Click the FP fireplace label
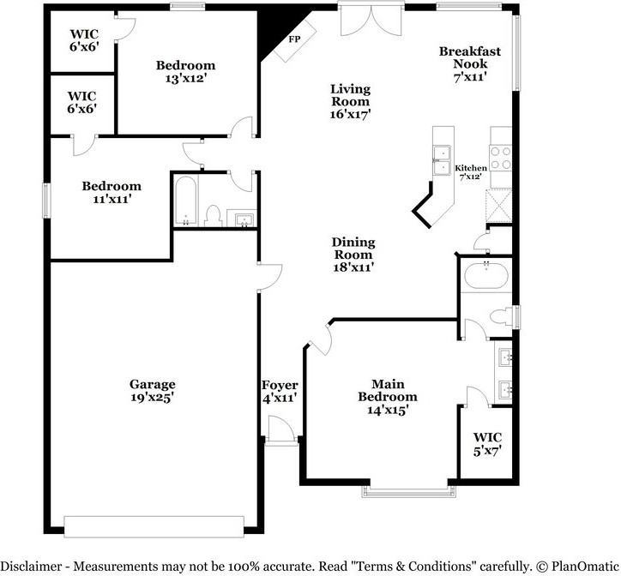click(294, 39)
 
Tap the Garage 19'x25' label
click(153, 390)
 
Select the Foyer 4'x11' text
click(280, 391)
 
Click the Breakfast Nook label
click(470, 63)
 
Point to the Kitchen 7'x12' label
click(471, 172)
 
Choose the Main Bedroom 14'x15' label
click(388, 397)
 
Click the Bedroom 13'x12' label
click(186, 71)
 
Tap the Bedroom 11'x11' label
click(112, 192)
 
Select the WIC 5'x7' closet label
click(487, 444)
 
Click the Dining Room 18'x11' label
click(353, 255)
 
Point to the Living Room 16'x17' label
click(351, 101)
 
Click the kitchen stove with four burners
click(501, 158)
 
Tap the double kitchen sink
click(442, 160)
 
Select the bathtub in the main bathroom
click(486, 275)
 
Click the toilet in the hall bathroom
click(214, 216)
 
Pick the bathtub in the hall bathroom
click(186, 201)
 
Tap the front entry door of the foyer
click(281, 429)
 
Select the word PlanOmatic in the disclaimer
click(585, 566)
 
